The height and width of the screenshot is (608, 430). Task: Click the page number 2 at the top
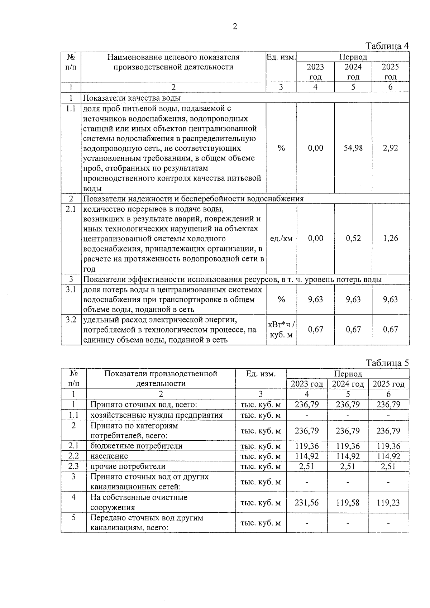coord(235,27)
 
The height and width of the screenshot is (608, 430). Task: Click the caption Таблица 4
coord(387,46)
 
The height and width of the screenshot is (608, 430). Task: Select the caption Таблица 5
coord(387,363)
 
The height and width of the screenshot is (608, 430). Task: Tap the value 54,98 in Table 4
coord(353,148)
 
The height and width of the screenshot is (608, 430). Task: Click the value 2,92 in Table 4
coord(390,148)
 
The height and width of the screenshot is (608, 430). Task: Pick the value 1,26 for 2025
coord(390,238)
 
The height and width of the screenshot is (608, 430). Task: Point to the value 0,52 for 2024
coord(353,238)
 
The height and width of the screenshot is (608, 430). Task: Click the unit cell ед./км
coord(281,238)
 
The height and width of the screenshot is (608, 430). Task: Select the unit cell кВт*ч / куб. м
coord(281,330)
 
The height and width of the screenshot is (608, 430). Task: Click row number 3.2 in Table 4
coord(71,320)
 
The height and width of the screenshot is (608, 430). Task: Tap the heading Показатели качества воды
coord(132,98)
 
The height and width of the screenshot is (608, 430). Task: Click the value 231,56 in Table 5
coord(306,503)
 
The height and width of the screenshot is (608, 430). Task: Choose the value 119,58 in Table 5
coord(348,503)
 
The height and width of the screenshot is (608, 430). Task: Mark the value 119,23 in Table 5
coord(388,503)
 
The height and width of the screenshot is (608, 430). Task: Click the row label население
coord(109,456)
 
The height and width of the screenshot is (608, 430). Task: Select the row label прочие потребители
coord(128,466)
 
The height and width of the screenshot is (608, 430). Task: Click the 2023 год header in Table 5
coord(307,384)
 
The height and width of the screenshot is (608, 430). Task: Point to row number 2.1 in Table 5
coord(73,446)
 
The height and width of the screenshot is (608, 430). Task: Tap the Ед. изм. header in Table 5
coord(261,374)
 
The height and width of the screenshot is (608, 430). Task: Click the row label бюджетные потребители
coord(136,446)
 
